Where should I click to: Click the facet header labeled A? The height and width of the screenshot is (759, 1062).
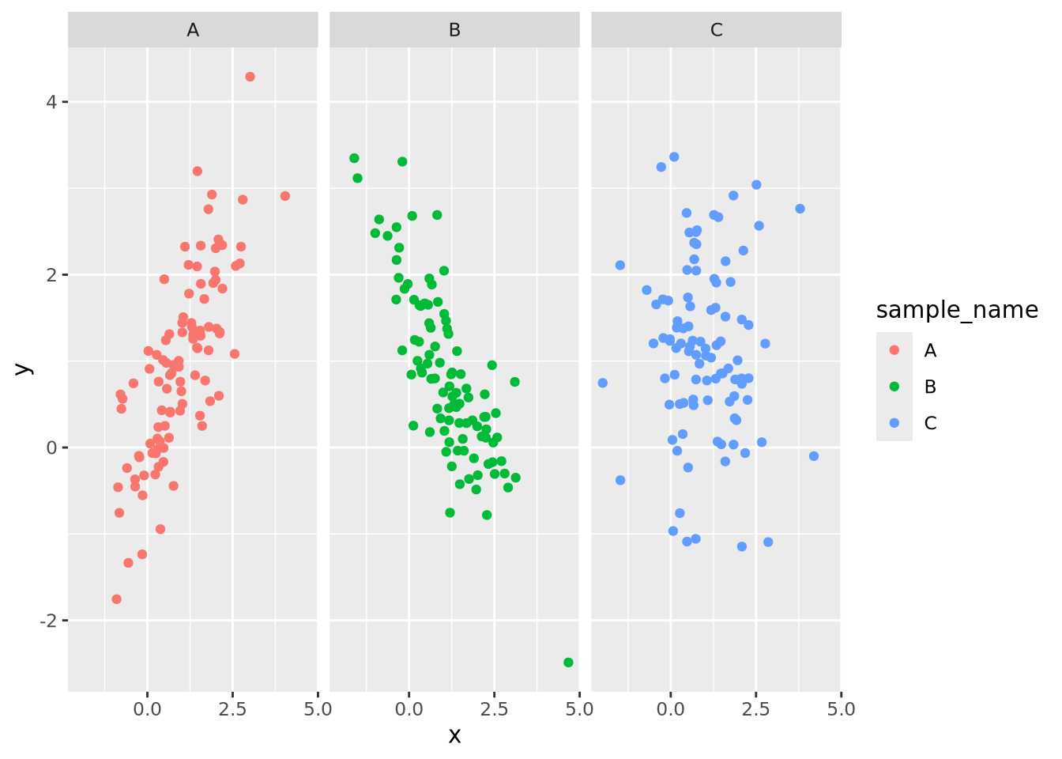pyautogui.click(x=193, y=30)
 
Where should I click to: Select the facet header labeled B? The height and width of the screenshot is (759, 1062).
pyautogui.click(x=454, y=30)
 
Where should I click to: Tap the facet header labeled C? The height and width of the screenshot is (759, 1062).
pyautogui.click(x=716, y=30)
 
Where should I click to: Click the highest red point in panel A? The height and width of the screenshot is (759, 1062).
pyautogui.click(x=250, y=77)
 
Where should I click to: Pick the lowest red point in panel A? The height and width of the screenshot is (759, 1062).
pyautogui.click(x=117, y=599)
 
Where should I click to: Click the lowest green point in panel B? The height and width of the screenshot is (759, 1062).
pyautogui.click(x=568, y=663)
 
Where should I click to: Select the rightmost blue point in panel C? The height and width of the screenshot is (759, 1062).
pyautogui.click(x=814, y=456)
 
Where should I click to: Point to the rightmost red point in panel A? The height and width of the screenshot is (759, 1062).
pyautogui.click(x=285, y=196)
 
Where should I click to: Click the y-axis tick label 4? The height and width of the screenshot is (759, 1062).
pyautogui.click(x=51, y=102)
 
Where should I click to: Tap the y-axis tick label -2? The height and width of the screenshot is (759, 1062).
pyautogui.click(x=48, y=621)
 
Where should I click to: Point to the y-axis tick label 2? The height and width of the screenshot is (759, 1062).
pyautogui.click(x=51, y=275)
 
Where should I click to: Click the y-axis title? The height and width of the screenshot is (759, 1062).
pyautogui.click(x=24, y=368)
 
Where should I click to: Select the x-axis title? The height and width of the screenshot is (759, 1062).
pyautogui.click(x=454, y=736)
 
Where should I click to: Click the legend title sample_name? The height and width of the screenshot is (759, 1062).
pyautogui.click(x=957, y=310)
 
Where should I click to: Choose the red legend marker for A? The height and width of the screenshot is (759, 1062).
pyautogui.click(x=894, y=350)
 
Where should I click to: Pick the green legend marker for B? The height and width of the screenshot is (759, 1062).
pyautogui.click(x=894, y=387)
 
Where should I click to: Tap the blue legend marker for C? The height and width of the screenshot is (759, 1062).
pyautogui.click(x=894, y=423)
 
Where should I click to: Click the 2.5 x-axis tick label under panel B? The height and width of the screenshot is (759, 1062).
pyautogui.click(x=494, y=708)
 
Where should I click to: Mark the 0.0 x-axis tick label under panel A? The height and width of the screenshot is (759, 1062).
pyautogui.click(x=147, y=708)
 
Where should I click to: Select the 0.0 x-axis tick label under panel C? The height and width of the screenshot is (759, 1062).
pyautogui.click(x=670, y=708)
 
